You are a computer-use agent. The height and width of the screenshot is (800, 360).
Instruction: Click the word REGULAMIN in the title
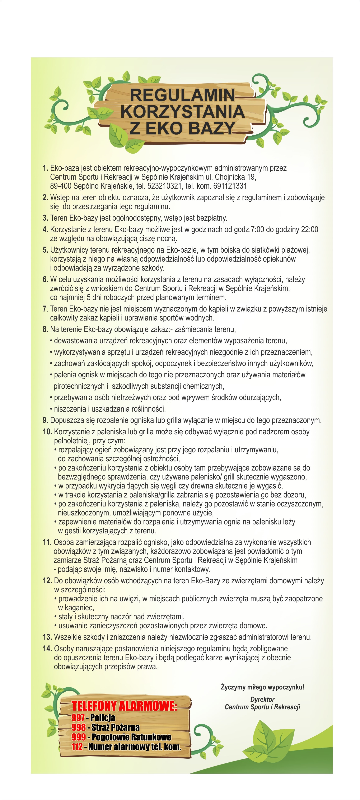(182, 95)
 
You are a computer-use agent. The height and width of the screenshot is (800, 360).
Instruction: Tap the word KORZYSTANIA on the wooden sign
(182, 112)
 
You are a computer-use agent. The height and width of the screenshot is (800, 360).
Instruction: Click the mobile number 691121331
(230, 186)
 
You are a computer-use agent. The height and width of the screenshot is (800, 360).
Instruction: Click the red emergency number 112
(77, 747)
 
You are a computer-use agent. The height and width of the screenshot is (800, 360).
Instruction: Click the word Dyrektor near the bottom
(262, 699)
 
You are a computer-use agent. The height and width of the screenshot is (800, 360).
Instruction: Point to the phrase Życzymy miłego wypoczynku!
(262, 687)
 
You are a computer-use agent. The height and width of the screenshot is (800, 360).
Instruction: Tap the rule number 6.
(45, 280)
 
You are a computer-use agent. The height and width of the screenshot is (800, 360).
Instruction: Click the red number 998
(79, 727)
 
